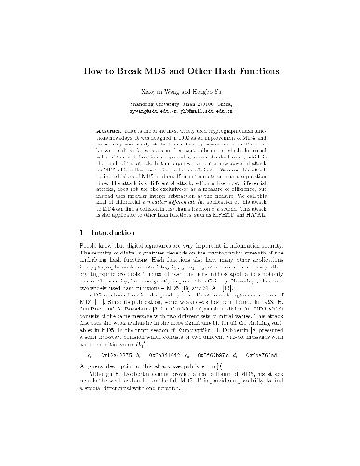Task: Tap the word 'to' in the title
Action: [109, 70]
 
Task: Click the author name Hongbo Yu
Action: [211, 94]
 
